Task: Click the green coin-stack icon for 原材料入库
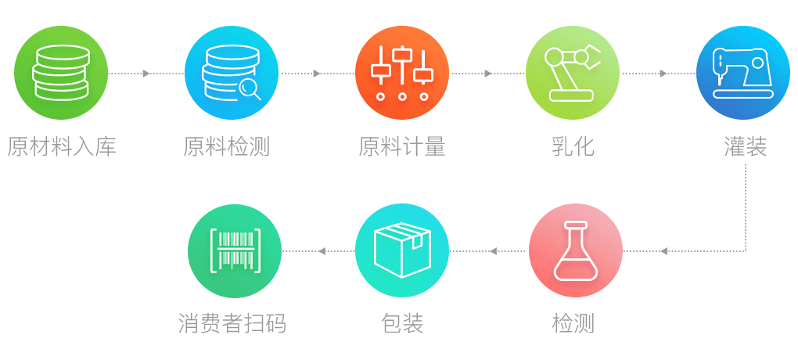[x=61, y=73]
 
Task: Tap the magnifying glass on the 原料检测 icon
[x=250, y=88]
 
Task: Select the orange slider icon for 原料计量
[x=402, y=73]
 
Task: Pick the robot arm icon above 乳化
[x=573, y=73]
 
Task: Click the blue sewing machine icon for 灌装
[x=742, y=73]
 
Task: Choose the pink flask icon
[x=576, y=250]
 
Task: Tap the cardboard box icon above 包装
[x=402, y=250]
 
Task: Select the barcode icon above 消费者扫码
[x=235, y=250]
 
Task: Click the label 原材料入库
[x=62, y=146]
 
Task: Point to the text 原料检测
[x=227, y=146]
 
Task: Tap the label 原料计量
[x=402, y=146]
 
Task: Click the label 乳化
[x=573, y=146]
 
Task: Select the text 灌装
[x=745, y=146]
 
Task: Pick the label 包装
[x=402, y=323]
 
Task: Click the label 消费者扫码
[x=232, y=323]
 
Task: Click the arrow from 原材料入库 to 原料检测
[x=146, y=74]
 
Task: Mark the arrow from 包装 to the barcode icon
[x=322, y=251]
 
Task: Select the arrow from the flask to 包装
[x=493, y=251]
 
